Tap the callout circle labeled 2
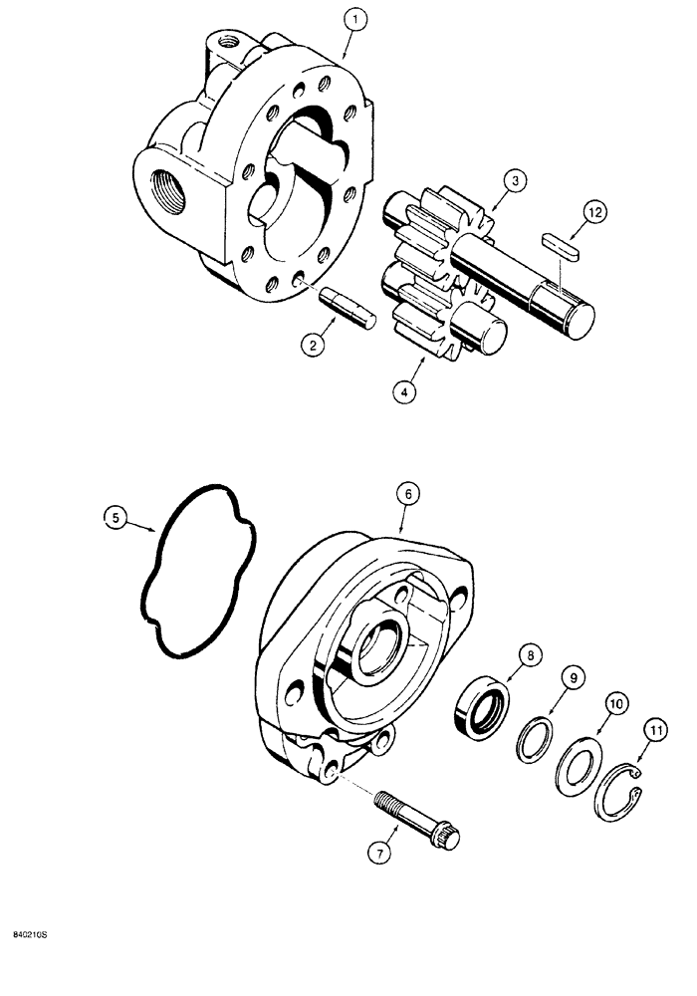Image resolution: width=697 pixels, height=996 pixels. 315,346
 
